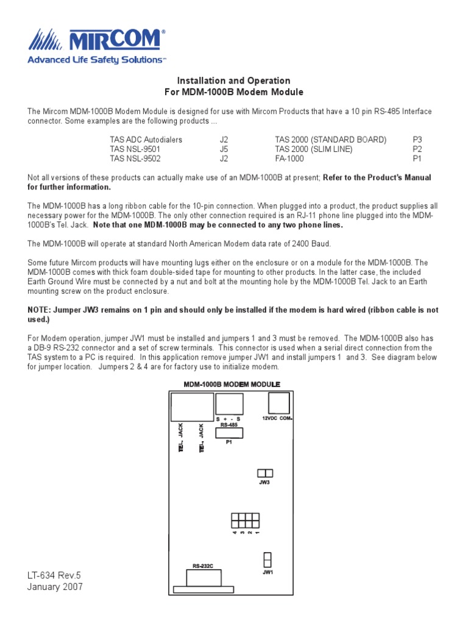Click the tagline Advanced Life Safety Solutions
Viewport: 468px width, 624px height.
coord(97,60)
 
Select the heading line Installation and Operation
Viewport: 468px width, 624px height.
coord(233,80)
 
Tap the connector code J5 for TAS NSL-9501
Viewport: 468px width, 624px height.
coord(224,149)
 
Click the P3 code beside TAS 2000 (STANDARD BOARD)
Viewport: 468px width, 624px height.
coord(417,140)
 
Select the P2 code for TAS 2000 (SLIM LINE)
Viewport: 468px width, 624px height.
coord(417,149)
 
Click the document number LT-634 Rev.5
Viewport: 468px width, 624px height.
coord(54,575)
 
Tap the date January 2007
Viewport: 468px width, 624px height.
coord(55,587)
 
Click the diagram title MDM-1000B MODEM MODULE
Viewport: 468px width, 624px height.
coord(232,385)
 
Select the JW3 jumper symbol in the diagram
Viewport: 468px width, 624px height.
coord(265,473)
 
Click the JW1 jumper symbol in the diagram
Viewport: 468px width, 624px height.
coord(266,559)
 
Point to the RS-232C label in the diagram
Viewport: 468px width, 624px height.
coord(203,566)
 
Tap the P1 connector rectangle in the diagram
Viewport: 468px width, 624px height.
coord(229,433)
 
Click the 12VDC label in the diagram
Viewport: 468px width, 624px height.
coord(270,419)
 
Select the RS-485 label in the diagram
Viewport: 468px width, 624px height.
coord(229,425)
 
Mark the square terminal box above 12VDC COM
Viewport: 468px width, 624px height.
coord(278,403)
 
